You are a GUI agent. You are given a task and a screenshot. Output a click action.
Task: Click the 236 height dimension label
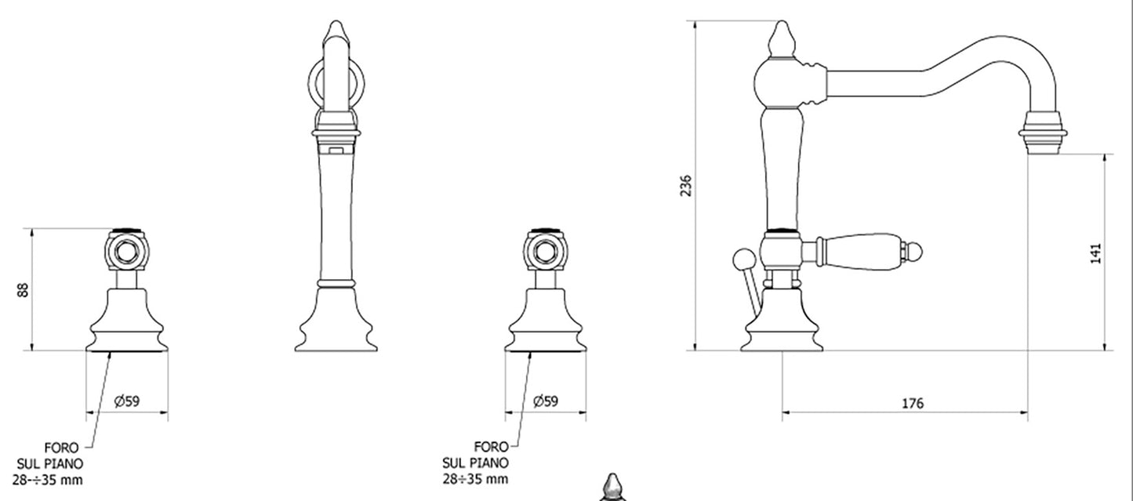point(685,186)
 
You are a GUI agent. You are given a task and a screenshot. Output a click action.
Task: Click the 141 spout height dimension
point(1095,253)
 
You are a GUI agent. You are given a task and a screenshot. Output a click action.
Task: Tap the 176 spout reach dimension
point(913,404)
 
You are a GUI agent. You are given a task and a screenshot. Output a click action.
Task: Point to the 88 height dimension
point(23,289)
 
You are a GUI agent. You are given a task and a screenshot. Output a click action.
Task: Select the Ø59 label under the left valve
point(127,401)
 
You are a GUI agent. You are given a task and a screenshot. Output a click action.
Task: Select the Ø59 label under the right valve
point(546,401)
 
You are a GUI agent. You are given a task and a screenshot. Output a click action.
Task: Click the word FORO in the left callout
point(61,448)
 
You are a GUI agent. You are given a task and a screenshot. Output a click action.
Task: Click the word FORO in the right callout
point(491,447)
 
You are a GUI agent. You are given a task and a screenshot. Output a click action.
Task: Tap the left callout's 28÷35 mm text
point(48,480)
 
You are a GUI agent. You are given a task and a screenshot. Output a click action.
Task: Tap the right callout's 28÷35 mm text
point(475,479)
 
